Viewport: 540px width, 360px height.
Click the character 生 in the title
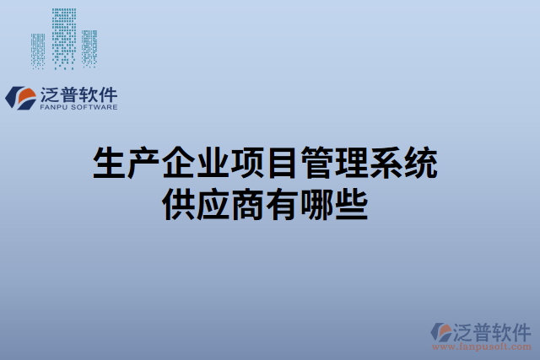point(106,164)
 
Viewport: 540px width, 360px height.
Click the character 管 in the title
point(321,164)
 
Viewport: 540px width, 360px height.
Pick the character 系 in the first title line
point(390,164)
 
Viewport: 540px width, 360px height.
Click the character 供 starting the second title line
point(177,204)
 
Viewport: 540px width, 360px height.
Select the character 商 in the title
point(250,204)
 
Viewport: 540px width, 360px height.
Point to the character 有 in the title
point(285,204)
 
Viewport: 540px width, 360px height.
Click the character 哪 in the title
point(321,204)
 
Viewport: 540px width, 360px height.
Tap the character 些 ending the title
point(355,204)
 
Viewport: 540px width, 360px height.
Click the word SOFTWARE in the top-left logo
point(95,108)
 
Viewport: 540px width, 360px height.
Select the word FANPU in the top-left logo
point(53,108)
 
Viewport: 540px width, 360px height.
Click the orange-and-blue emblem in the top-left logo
point(19,97)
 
